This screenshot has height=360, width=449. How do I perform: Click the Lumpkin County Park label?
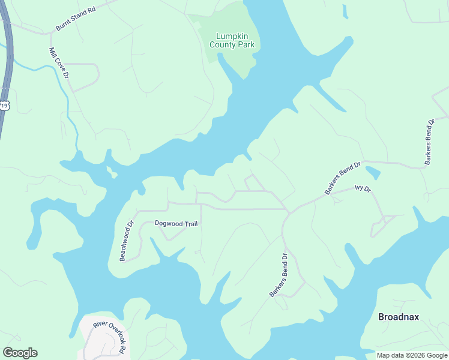[232, 40]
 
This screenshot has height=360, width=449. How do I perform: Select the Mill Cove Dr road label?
[59, 62]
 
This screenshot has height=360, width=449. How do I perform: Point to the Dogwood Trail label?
[176, 223]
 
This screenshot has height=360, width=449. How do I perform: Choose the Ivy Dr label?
[363, 188]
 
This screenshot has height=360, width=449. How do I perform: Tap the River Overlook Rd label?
[111, 337]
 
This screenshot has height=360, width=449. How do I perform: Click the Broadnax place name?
[398, 317]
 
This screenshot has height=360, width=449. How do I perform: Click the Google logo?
[20, 353]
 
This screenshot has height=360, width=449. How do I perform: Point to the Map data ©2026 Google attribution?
[412, 355]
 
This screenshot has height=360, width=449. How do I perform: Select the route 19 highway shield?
[4, 106]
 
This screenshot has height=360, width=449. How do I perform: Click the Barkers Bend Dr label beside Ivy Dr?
[342, 178]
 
